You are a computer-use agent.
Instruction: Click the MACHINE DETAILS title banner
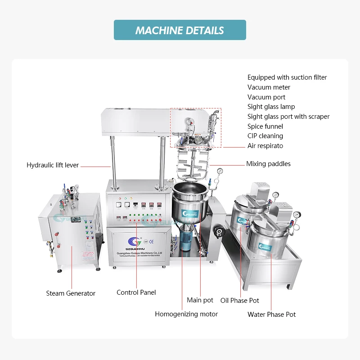180,30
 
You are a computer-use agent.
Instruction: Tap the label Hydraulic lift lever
53,165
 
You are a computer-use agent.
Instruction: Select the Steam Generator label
71,293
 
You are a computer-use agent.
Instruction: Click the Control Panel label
136,292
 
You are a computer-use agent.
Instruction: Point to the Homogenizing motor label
186,314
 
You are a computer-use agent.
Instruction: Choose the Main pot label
200,300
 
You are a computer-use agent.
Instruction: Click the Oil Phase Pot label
239,301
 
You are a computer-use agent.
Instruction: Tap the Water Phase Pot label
271,315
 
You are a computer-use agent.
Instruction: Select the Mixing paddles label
268,164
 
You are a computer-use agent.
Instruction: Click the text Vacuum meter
269,87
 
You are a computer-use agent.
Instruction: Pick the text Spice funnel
265,126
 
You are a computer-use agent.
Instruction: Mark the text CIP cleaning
265,136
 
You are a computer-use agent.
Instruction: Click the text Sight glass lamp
271,107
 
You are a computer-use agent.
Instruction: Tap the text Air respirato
265,146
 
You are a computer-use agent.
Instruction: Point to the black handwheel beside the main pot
220,232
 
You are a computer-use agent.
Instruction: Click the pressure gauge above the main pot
220,171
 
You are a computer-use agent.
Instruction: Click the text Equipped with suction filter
287,77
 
